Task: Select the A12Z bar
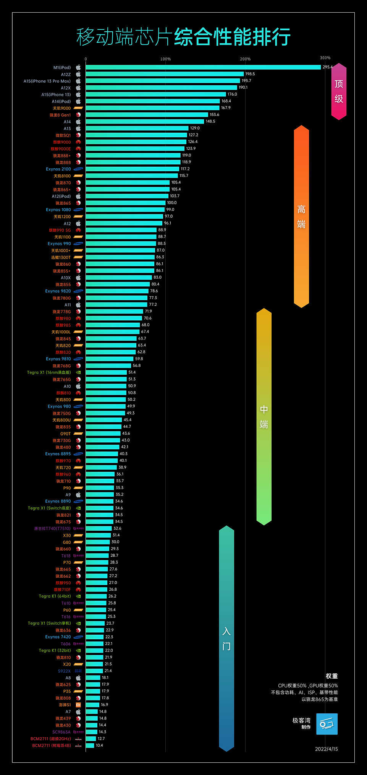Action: (165, 74)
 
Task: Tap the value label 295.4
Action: (327, 67)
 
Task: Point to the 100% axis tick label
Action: (165, 59)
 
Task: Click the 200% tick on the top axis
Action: (245, 59)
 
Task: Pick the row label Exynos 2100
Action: (58, 169)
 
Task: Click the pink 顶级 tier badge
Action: (339, 91)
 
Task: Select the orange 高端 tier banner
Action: (301, 216)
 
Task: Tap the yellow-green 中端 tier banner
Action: (264, 416)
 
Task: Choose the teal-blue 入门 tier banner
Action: (226, 638)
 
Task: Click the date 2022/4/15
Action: (326, 749)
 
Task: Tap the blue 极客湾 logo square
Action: (327, 724)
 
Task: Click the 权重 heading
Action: (331, 676)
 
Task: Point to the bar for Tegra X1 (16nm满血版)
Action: (106, 372)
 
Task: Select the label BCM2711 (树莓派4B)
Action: (52, 745)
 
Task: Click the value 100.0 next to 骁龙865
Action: (171, 203)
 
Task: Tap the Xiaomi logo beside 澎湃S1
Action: (78, 705)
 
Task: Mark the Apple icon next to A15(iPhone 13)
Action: (78, 94)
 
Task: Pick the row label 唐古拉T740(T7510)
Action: (52, 528)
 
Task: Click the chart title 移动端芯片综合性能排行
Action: (183, 37)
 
